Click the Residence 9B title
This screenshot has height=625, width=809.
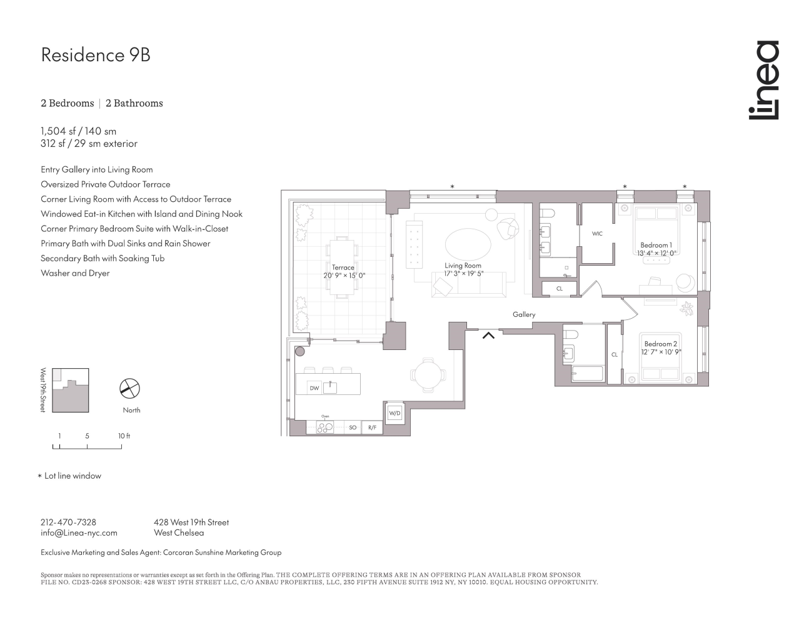pos(96,55)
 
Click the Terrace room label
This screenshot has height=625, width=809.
pos(343,267)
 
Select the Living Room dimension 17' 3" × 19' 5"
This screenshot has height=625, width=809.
pos(463,274)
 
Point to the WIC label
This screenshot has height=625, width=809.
pos(597,234)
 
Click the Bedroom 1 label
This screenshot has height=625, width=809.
pos(656,245)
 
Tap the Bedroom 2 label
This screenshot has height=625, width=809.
pos(661,344)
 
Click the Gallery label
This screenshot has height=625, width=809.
pos(524,314)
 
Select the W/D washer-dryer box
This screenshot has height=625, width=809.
pos(394,413)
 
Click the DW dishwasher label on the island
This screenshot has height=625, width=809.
pos(314,388)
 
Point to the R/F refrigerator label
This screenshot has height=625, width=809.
pos(372,427)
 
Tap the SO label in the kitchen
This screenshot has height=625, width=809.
pos(353,427)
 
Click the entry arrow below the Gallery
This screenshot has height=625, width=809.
pos(488,336)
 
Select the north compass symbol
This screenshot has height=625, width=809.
pos(129,388)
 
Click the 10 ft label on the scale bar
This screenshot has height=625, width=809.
pos(124,436)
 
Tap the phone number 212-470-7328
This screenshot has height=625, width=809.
pos(69,522)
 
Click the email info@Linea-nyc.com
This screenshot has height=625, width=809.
pos(79,532)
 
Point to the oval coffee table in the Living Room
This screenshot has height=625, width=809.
pos(468,244)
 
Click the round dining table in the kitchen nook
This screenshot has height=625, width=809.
pos(428,375)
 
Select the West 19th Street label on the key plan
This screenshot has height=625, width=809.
pos(43,390)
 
